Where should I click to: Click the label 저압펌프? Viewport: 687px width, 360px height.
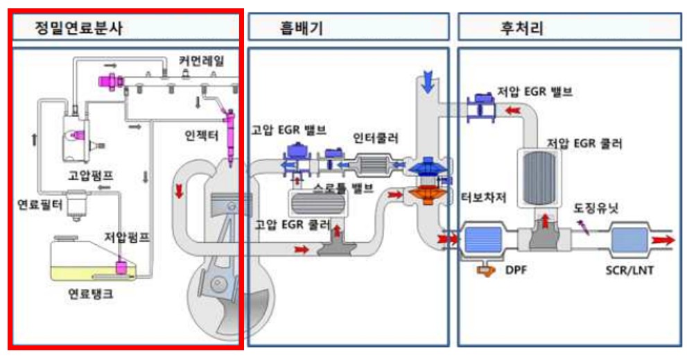tap(126, 237)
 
